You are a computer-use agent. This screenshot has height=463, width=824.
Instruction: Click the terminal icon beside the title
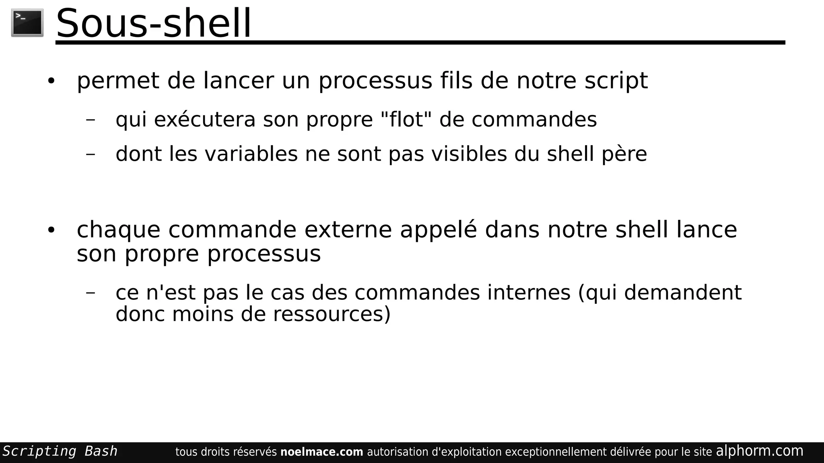coord(27,23)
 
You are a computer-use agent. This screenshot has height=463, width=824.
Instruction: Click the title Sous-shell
coord(153,23)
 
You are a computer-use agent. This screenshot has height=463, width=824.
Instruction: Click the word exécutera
coord(205,119)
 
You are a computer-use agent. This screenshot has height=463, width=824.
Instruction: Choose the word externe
coord(348,230)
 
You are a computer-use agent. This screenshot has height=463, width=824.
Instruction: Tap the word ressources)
coord(332,314)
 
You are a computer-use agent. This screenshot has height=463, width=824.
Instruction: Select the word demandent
coord(682,293)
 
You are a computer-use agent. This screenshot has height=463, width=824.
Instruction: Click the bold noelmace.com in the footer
coord(321,452)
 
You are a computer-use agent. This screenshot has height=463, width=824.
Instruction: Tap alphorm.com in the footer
coord(759,451)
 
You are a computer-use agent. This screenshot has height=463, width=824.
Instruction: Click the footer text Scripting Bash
coord(60,451)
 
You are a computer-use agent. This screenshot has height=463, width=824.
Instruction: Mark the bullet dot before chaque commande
coord(51,231)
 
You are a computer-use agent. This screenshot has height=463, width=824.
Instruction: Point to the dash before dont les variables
coord(91,154)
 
